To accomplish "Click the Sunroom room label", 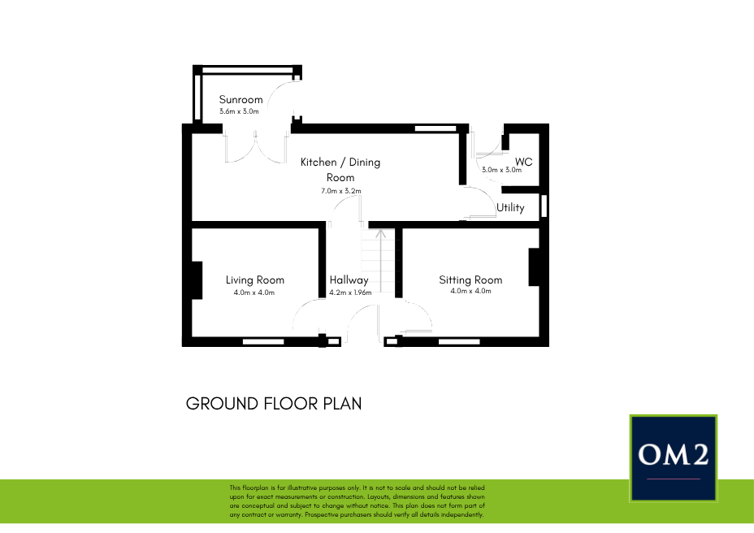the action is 241,100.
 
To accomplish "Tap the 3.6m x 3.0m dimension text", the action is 239,111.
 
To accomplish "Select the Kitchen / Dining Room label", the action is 340,169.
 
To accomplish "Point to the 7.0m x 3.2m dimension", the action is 341,191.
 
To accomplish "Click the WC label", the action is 524,162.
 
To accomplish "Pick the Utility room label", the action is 510,207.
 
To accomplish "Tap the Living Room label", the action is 255,280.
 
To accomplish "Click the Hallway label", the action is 349,280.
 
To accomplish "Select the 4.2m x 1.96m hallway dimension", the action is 350,292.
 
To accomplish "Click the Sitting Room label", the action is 470,280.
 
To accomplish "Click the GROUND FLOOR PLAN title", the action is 274,404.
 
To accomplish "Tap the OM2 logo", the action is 674,458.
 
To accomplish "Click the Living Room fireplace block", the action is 197,280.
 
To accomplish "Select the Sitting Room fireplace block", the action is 535,267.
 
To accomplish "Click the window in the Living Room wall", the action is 263,342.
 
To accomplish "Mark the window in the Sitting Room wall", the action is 459,342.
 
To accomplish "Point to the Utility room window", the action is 544,206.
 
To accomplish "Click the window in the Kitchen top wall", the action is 435,128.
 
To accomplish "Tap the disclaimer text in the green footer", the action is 357,501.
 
